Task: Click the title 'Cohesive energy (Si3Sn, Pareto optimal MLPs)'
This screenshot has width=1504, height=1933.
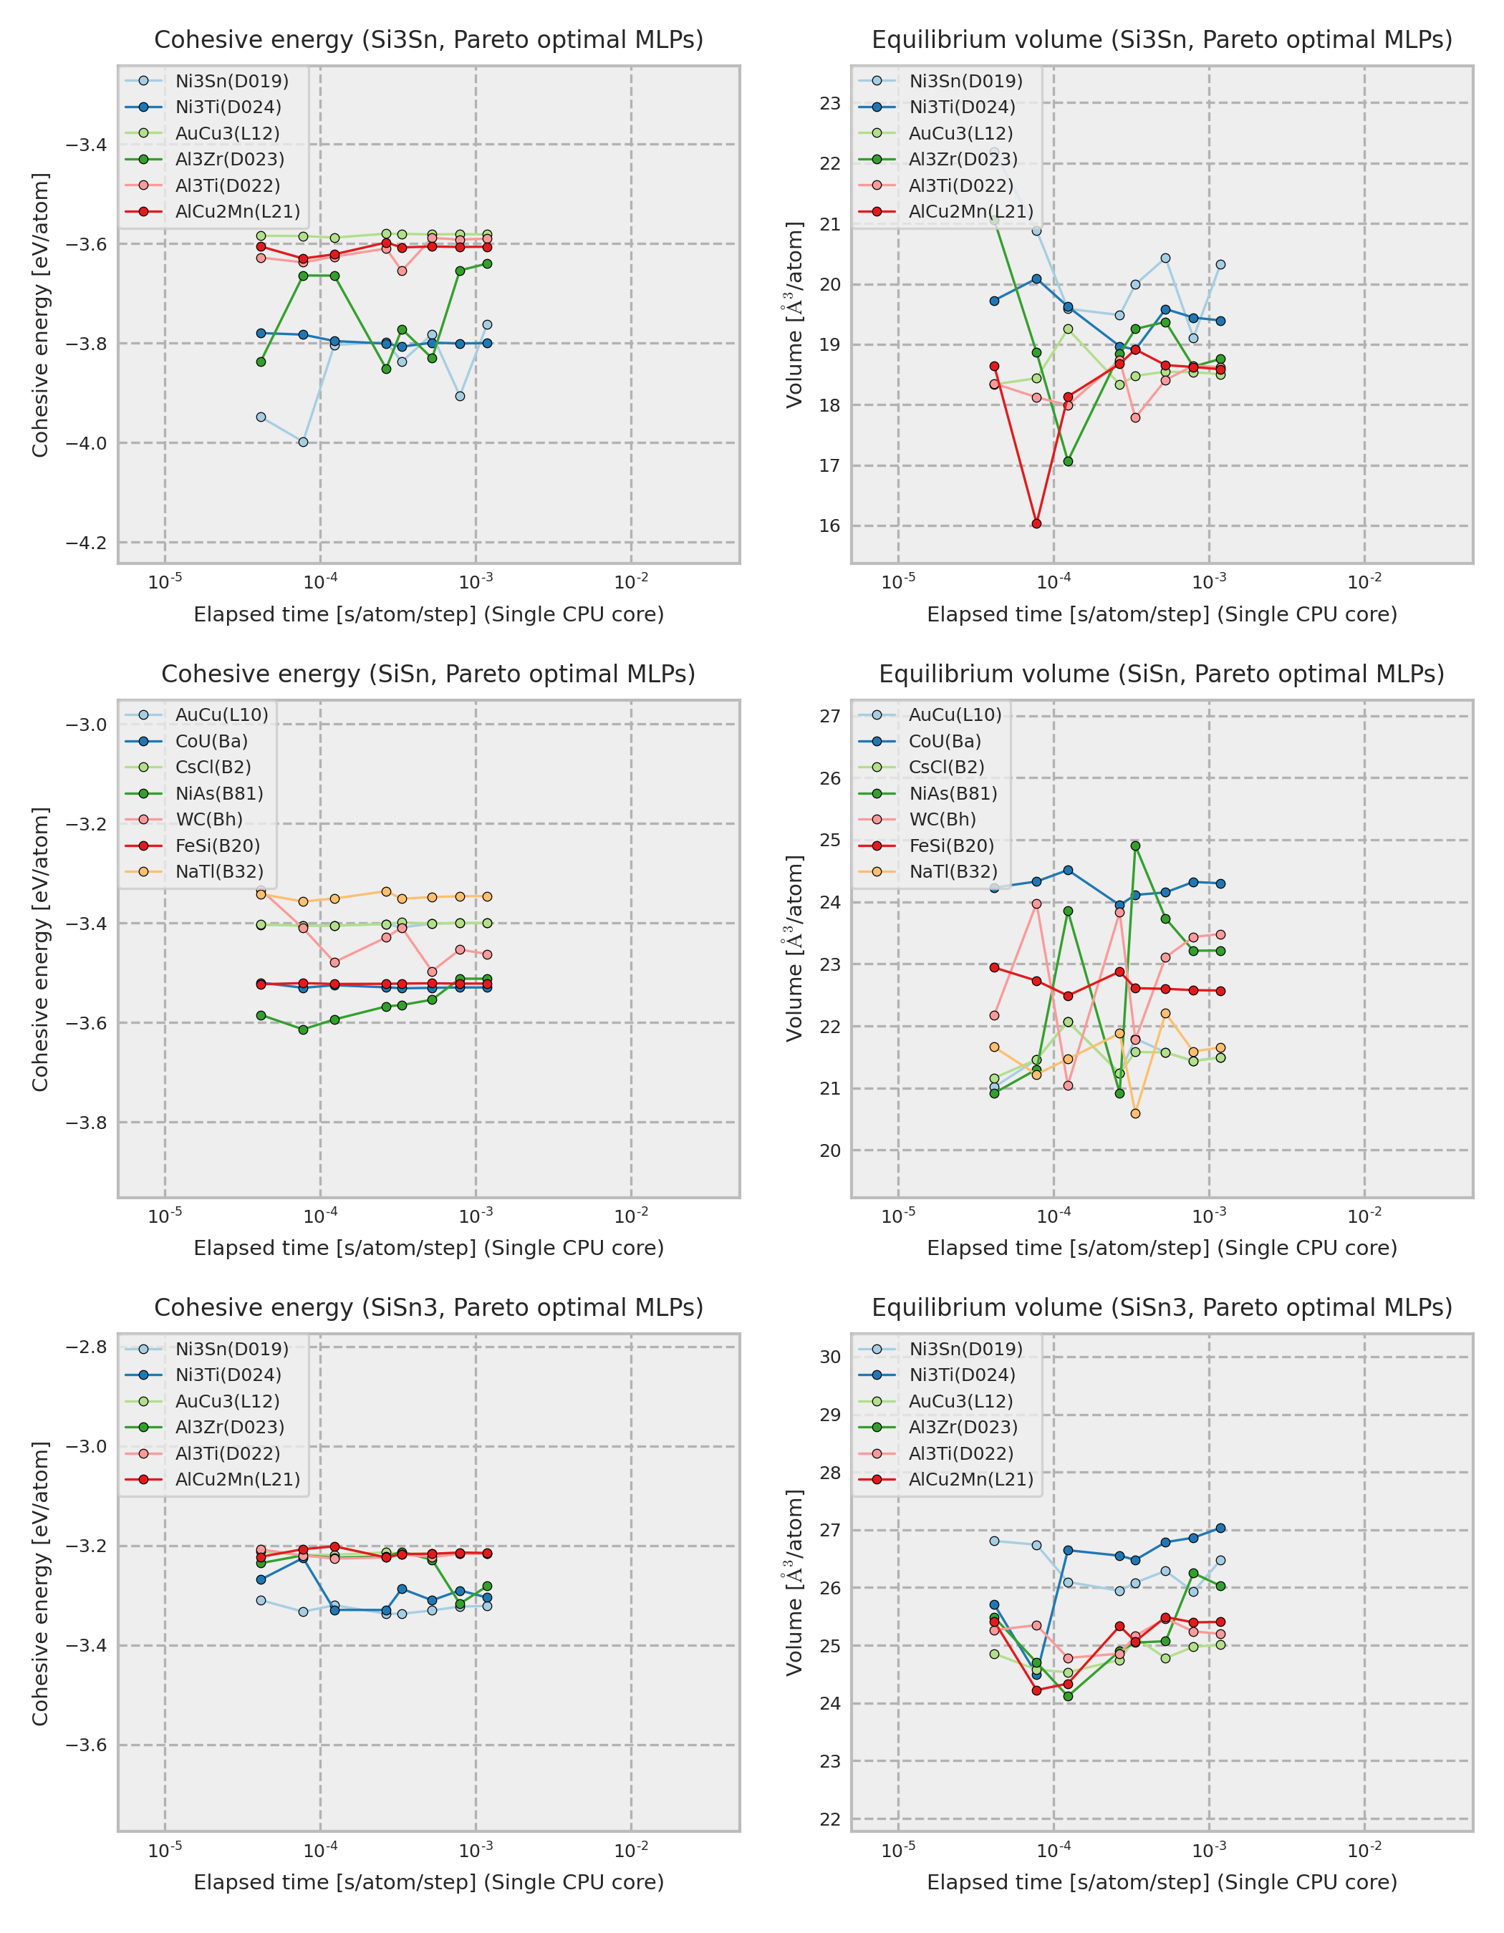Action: click(x=428, y=40)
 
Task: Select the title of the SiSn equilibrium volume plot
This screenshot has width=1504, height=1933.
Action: click(x=1162, y=674)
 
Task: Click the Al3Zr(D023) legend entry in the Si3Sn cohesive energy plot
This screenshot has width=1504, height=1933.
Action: click(x=229, y=160)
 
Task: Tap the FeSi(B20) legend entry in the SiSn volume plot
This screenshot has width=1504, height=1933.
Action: click(x=952, y=846)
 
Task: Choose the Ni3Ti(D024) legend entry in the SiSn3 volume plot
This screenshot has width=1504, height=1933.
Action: click(x=961, y=1375)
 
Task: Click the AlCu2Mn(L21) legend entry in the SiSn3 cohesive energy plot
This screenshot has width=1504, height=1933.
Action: click(x=237, y=1479)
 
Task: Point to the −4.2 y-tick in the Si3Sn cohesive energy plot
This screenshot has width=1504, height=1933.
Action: click(x=86, y=543)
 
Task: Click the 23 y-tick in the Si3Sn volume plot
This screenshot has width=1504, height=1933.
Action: click(x=829, y=104)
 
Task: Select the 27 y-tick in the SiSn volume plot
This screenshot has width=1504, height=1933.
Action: click(x=829, y=716)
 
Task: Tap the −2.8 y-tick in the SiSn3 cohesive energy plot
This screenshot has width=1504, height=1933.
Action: click(x=86, y=1347)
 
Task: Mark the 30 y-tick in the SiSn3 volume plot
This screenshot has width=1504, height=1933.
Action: click(x=829, y=1357)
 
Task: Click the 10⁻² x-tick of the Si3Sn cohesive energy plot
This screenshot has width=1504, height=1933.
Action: click(x=631, y=581)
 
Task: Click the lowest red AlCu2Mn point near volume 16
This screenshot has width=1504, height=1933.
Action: click(x=1036, y=523)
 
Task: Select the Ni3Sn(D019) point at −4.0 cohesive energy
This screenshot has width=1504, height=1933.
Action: click(x=303, y=442)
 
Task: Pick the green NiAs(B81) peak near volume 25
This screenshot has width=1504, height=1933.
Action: click(x=1136, y=846)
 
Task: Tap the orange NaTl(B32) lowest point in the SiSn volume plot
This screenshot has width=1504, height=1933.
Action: click(x=1136, y=1113)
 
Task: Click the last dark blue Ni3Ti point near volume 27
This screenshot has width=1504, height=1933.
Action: click(x=1220, y=1528)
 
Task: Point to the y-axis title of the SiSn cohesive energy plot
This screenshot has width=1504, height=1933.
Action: click(x=40, y=949)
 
